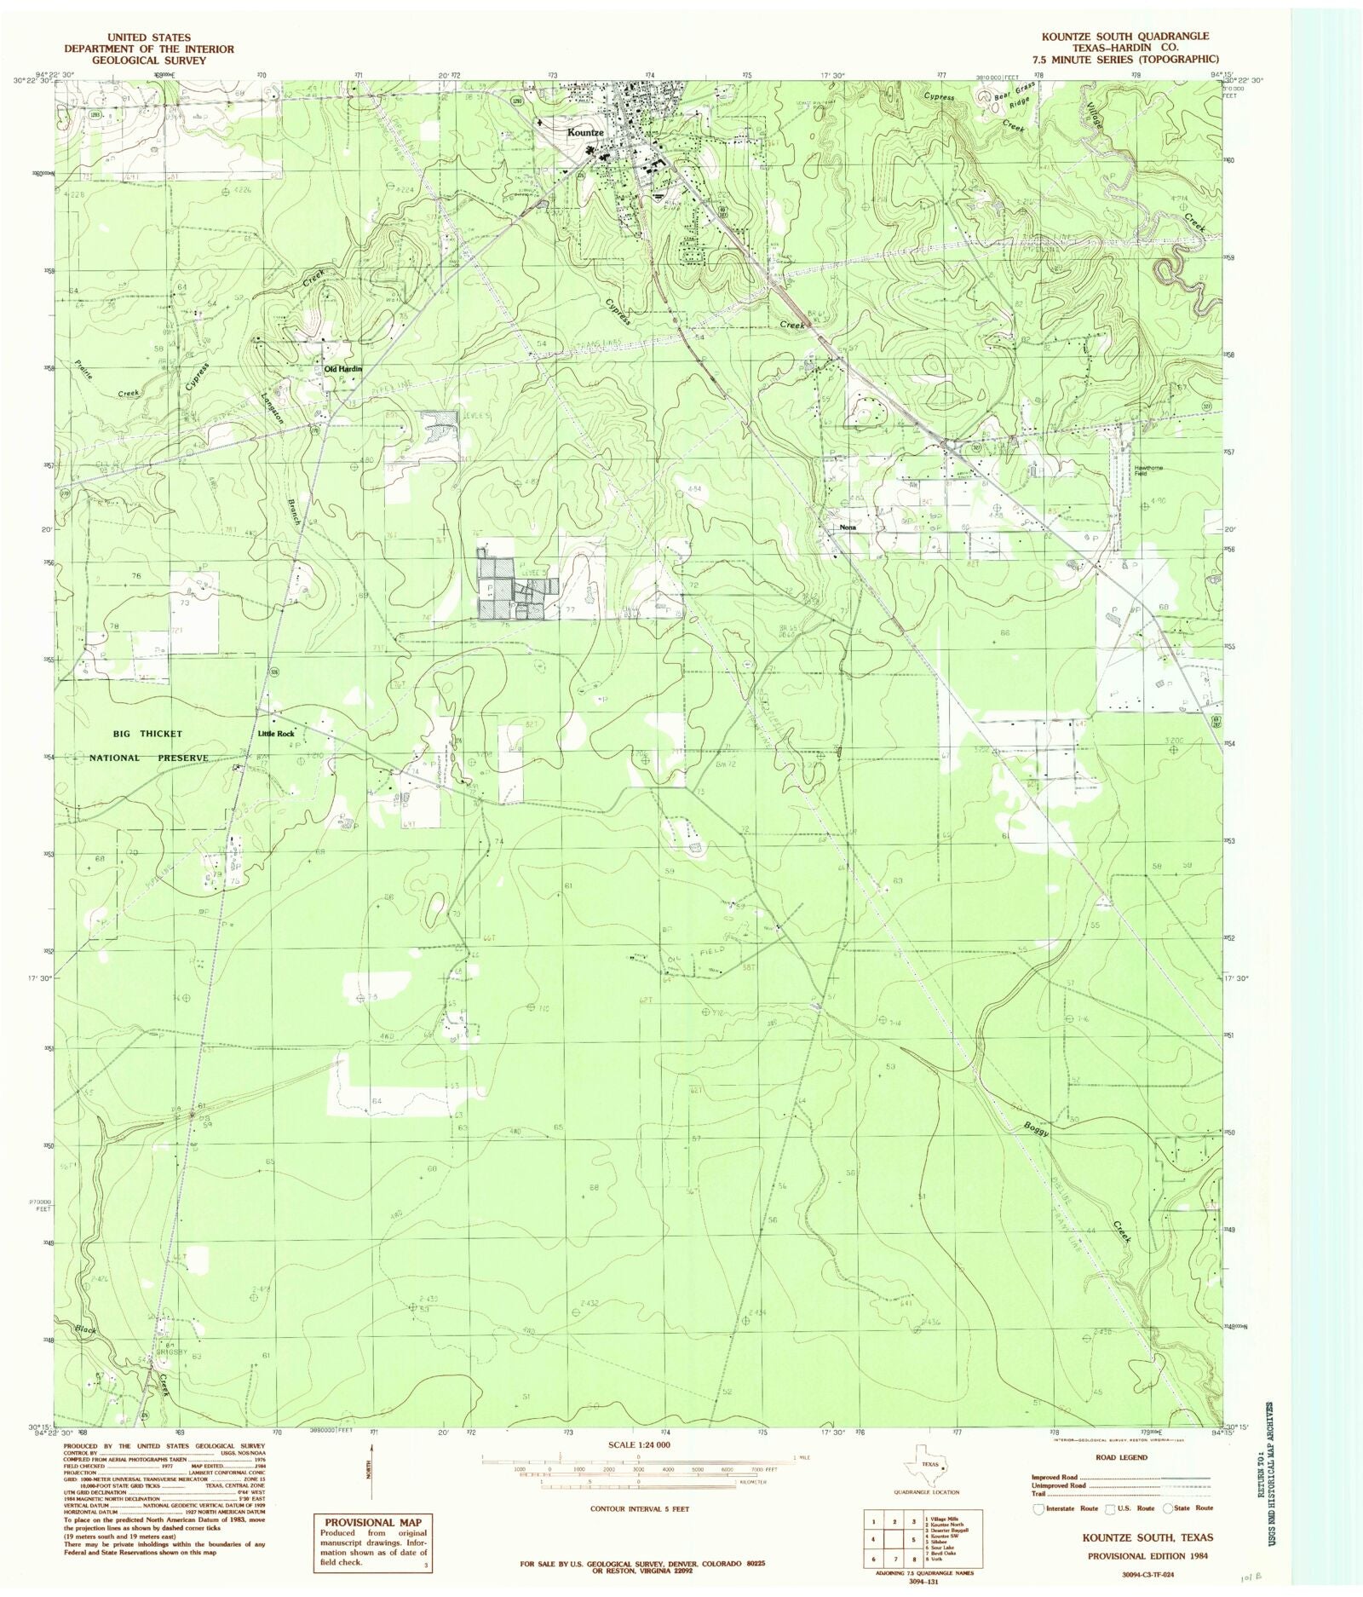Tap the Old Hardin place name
pos(343,368)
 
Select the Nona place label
pos(847,528)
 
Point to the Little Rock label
pos(276,734)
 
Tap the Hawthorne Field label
pos(1147,470)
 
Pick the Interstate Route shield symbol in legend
pos(1038,1509)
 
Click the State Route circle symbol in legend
pos(1167,1509)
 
